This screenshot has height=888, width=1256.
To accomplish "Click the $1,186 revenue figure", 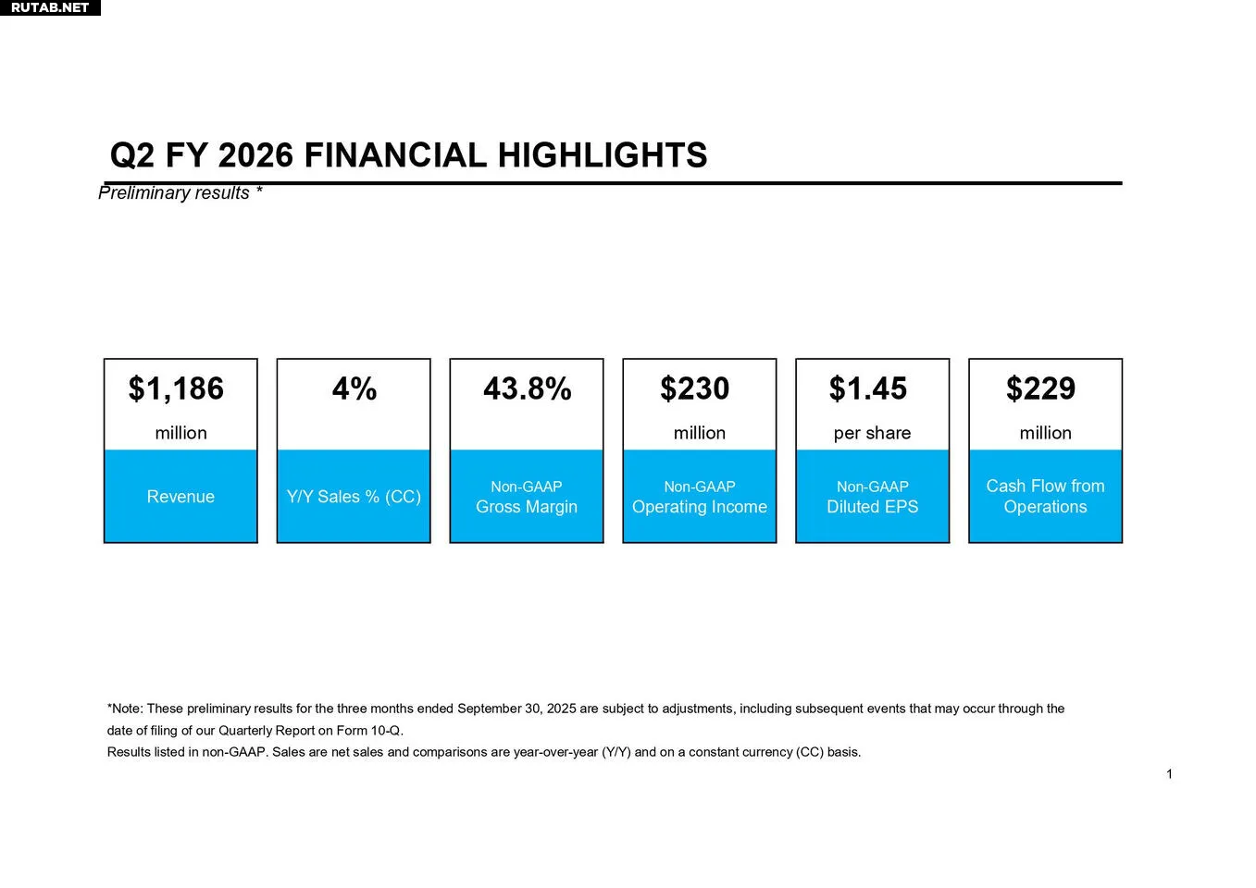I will [x=176, y=388].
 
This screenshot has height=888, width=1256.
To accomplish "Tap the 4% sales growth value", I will [x=354, y=388].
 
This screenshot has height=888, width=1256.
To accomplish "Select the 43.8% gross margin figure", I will [x=527, y=388].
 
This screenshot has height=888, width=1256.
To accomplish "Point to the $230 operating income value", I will [x=695, y=388].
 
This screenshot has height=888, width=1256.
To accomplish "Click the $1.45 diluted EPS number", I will [x=868, y=388].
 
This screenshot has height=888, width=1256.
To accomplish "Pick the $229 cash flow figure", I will [x=1041, y=388].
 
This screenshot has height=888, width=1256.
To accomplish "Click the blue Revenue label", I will [x=180, y=497].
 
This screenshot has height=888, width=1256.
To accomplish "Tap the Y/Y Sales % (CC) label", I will [x=354, y=497].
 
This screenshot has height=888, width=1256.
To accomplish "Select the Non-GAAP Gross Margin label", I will [x=527, y=497].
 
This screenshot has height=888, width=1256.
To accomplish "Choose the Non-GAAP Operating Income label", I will [x=700, y=497].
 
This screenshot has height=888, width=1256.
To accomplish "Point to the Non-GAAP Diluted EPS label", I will [x=873, y=497].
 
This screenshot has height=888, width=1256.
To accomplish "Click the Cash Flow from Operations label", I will [x=1045, y=497].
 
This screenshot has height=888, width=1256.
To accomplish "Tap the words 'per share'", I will [x=872, y=433].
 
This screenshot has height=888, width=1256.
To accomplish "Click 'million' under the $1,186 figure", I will [x=180, y=433].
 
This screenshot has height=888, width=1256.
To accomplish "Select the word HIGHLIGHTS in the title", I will [x=603, y=155].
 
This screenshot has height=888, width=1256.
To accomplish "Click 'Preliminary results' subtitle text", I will [x=174, y=192].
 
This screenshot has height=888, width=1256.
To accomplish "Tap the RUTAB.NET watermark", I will [x=50, y=7].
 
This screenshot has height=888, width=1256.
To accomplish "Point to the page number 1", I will [x=1169, y=774].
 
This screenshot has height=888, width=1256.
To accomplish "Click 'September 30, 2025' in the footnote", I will [x=516, y=709].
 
